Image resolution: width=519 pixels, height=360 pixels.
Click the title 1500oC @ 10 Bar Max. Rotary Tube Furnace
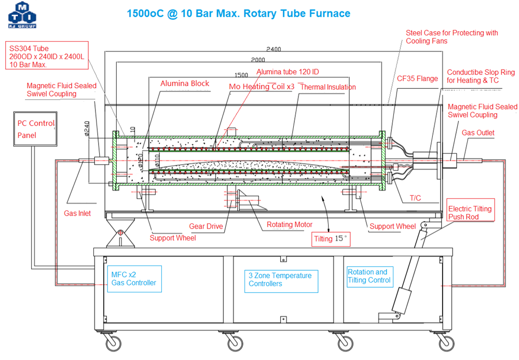pos(238,14)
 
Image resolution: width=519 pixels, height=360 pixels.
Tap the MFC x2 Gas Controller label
pos(134,278)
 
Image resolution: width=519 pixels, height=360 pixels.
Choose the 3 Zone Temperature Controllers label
pos(280,279)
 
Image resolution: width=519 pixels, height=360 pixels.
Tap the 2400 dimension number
pos(273,49)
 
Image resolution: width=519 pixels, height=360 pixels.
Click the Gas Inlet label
pos(77,213)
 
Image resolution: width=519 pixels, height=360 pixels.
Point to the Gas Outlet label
pos(478,132)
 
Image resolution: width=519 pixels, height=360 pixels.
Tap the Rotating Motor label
pos(290,224)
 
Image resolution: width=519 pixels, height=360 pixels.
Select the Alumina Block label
pos(185,83)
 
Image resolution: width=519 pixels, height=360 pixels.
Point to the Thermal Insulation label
pos(328,87)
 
